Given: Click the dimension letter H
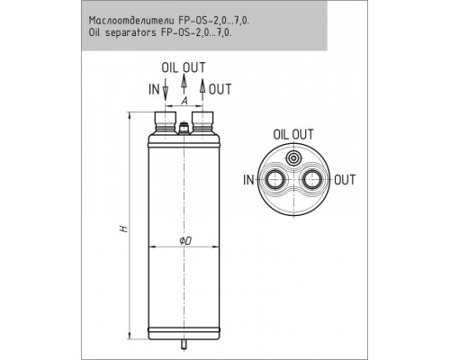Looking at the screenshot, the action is pos(123,229).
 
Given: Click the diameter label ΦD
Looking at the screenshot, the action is pos(185,240).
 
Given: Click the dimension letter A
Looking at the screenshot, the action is pos(184,101).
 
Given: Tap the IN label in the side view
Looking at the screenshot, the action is pos(154,89).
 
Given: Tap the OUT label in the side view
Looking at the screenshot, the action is pos(220,89).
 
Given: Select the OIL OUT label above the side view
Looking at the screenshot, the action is pos(184,67).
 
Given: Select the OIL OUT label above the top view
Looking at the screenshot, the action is pos(293,134).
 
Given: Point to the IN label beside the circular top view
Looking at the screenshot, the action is pos(248,180).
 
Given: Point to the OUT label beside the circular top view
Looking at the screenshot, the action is pos(345,180).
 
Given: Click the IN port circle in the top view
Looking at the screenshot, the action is pos(274,180).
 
